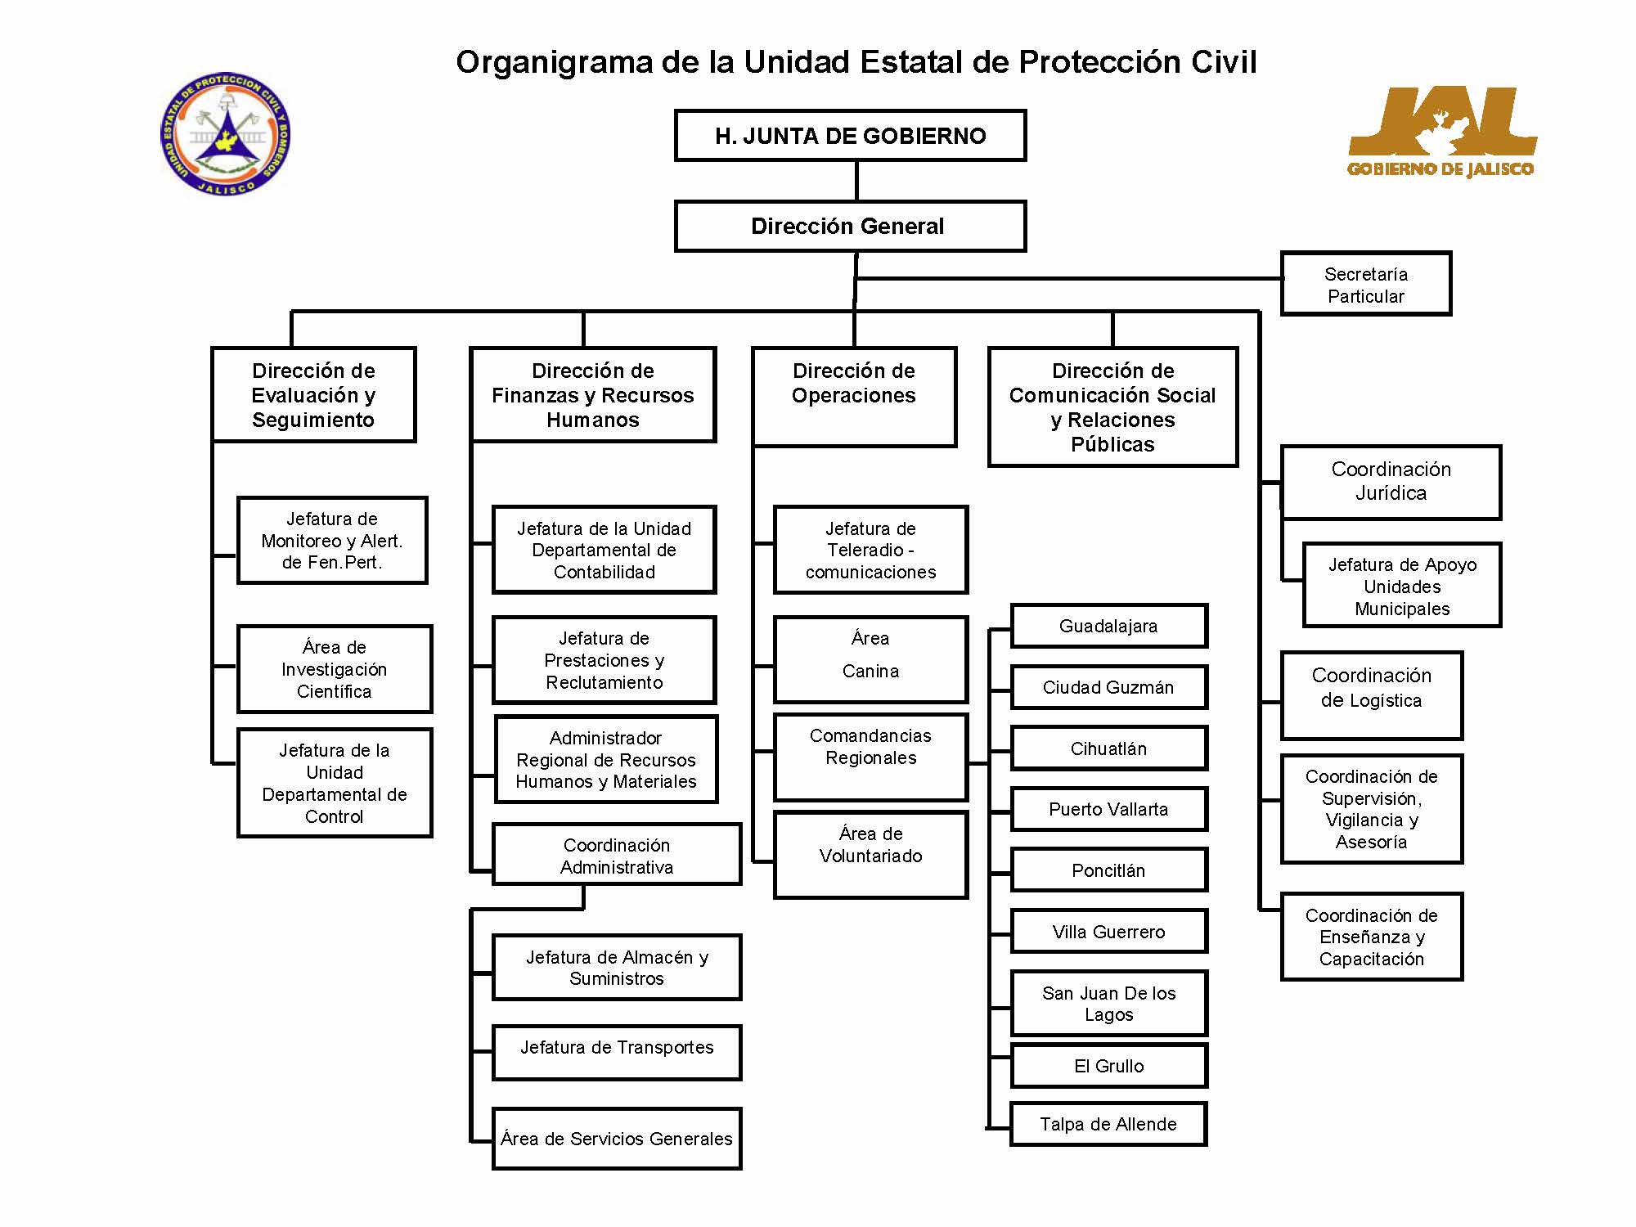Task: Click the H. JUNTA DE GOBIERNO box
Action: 850,135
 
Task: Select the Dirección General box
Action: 850,226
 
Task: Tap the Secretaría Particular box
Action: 1366,283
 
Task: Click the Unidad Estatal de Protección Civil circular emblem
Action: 226,133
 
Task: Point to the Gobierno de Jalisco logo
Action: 1441,132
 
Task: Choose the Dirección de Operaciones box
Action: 854,397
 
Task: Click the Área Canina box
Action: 870,659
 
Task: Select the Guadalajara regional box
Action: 1109,626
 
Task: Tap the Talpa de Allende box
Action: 1109,1124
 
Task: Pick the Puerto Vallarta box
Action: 1109,809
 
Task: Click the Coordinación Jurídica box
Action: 1391,482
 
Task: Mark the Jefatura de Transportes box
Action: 617,1053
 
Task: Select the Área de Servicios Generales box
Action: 617,1139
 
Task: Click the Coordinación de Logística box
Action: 1372,695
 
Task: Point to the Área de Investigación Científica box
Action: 335,669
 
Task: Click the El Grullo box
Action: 1109,1065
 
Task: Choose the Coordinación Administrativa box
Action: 617,855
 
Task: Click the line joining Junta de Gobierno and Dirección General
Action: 856,181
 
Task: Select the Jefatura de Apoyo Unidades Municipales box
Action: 1402,585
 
